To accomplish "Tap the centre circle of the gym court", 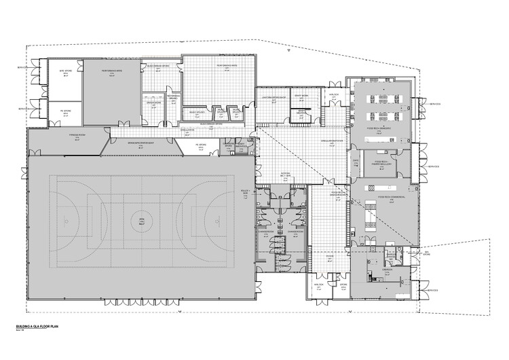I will pos(142,219).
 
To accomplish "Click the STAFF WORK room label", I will pos(301,96).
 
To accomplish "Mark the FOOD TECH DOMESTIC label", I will pos(383,126).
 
